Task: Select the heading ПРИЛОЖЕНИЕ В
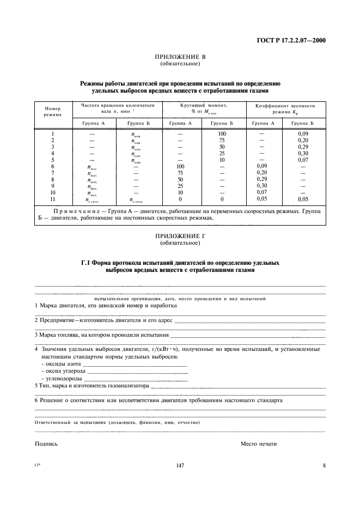pyautogui.click(x=180, y=57)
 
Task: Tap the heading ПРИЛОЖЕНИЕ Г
pyautogui.click(x=180, y=235)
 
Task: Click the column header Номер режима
pyautogui.click(x=53, y=111)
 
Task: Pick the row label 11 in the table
pyautogui.click(x=53, y=199)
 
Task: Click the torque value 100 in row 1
pyautogui.click(x=222, y=133)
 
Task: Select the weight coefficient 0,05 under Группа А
pyautogui.click(x=263, y=199)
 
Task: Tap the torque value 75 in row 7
pyautogui.click(x=180, y=173)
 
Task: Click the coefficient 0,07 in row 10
pyautogui.click(x=263, y=192)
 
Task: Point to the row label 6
pyautogui.click(x=53, y=166)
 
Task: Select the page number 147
pyautogui.click(x=180, y=465)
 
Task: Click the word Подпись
pyautogui.click(x=46, y=444)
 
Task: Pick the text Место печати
pyautogui.click(x=259, y=444)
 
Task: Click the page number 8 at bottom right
pyautogui.click(x=324, y=465)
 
